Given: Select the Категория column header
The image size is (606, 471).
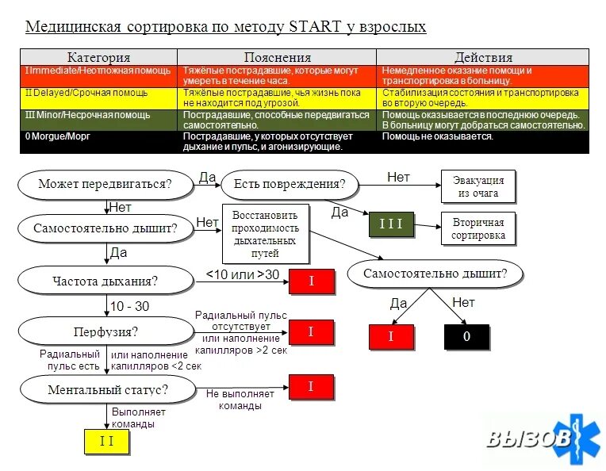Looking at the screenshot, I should [x=99, y=57].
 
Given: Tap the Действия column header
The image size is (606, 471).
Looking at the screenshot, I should [x=483, y=57].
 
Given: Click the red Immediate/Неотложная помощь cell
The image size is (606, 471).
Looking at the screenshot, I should [x=100, y=75].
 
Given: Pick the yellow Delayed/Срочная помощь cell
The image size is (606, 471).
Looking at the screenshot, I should [x=100, y=98].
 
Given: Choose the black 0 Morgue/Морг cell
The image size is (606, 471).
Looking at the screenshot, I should [x=100, y=141].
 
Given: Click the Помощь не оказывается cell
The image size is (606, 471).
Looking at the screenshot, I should [x=482, y=141].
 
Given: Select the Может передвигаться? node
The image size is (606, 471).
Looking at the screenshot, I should [x=105, y=184].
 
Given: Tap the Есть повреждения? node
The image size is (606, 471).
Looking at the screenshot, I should [x=290, y=184].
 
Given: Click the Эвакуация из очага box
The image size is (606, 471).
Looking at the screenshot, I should [x=478, y=187].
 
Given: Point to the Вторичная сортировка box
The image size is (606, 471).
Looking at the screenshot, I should [x=478, y=229].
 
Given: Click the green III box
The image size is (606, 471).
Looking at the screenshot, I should [x=391, y=224].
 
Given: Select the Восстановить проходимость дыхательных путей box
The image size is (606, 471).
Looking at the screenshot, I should [x=264, y=234].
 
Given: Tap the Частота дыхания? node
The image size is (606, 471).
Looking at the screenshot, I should [x=105, y=280].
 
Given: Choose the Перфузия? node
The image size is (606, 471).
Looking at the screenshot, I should [x=105, y=331].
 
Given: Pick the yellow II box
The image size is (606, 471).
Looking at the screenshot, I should [x=106, y=441].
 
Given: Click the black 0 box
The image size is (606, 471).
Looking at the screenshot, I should [x=466, y=336].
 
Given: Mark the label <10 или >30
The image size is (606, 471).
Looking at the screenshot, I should [x=243, y=274].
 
